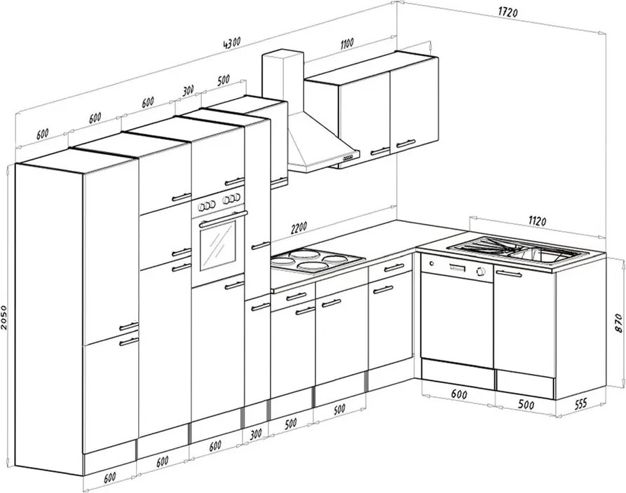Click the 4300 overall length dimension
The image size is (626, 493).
click(231, 42)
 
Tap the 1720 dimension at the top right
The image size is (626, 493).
click(508, 13)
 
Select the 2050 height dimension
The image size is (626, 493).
click(4, 318)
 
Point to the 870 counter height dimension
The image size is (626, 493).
click(618, 323)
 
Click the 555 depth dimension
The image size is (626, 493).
click(580, 404)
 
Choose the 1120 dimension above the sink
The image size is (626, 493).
click(537, 221)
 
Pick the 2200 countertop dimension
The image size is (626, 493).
click(299, 228)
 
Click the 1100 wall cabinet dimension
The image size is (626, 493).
click(347, 43)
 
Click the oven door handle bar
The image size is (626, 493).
click(223, 218)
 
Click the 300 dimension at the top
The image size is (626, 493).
click(189, 91)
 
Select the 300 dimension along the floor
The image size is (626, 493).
click(255, 433)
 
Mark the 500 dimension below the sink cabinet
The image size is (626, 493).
click(526, 405)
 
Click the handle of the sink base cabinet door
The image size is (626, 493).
click(509, 274)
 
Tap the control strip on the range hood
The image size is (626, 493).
click(347, 159)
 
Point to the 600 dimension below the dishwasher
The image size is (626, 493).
click(459, 394)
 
